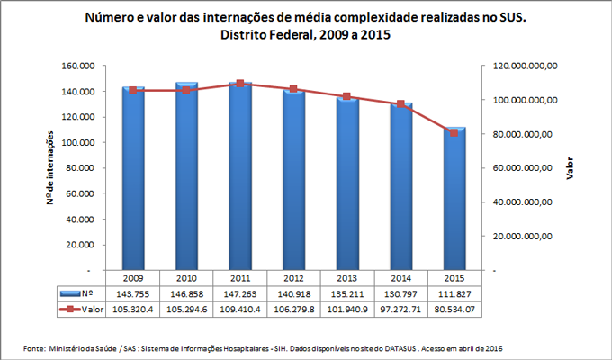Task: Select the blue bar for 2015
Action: click(454, 198)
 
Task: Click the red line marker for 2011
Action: click(240, 84)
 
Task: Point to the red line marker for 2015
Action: click(454, 132)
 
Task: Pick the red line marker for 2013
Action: click(347, 96)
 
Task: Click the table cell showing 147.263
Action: click(240, 293)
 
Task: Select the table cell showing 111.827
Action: click(454, 293)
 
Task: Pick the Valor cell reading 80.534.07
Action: click(454, 309)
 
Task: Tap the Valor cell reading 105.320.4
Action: click(133, 309)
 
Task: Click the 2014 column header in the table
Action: click(400, 278)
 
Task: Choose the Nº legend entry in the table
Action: click(78, 293)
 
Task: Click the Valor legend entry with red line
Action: click(78, 309)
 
